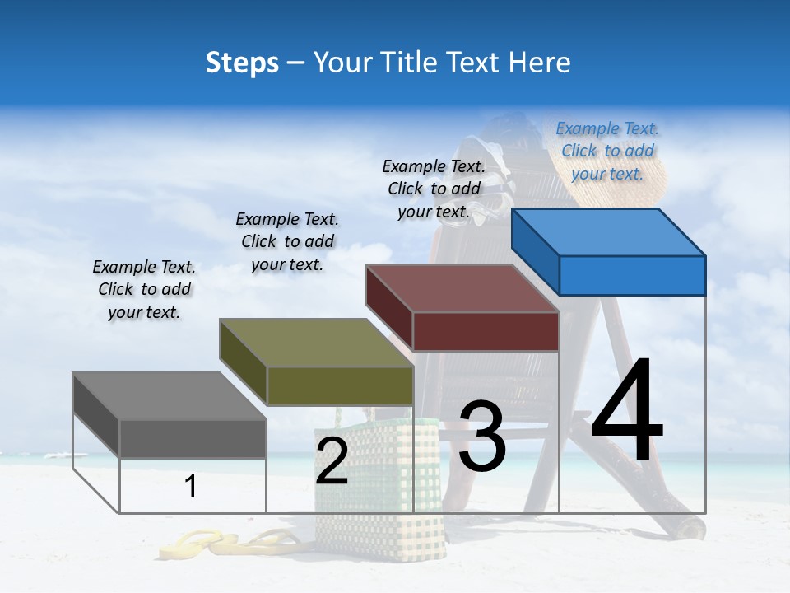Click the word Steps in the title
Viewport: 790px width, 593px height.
click(242, 63)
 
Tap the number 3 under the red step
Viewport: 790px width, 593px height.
click(482, 437)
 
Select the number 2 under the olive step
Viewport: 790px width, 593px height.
click(332, 461)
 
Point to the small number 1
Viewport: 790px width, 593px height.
click(191, 486)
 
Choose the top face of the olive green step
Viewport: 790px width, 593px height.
click(316, 343)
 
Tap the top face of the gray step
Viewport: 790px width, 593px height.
click(170, 396)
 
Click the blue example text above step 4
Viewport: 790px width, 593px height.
click(607, 152)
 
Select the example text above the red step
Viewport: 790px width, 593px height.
click(434, 189)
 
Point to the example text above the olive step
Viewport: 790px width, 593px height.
click(287, 242)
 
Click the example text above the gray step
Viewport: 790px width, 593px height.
click(144, 290)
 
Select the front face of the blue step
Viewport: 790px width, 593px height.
click(632, 275)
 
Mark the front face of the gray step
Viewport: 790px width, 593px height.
click(193, 438)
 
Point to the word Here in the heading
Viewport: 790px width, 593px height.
click(540, 63)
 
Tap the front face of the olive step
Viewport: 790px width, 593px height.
click(340, 385)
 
